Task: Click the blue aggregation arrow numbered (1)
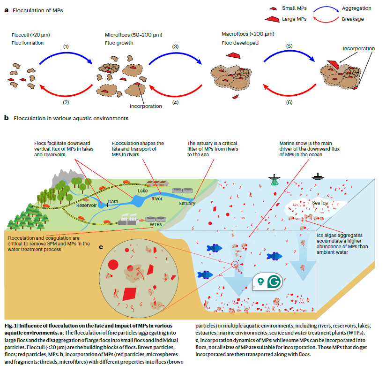point(66,58)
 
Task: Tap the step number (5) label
point(289,46)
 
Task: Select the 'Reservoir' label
point(87,205)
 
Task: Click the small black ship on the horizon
point(319,176)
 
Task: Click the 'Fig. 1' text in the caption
point(11,325)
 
